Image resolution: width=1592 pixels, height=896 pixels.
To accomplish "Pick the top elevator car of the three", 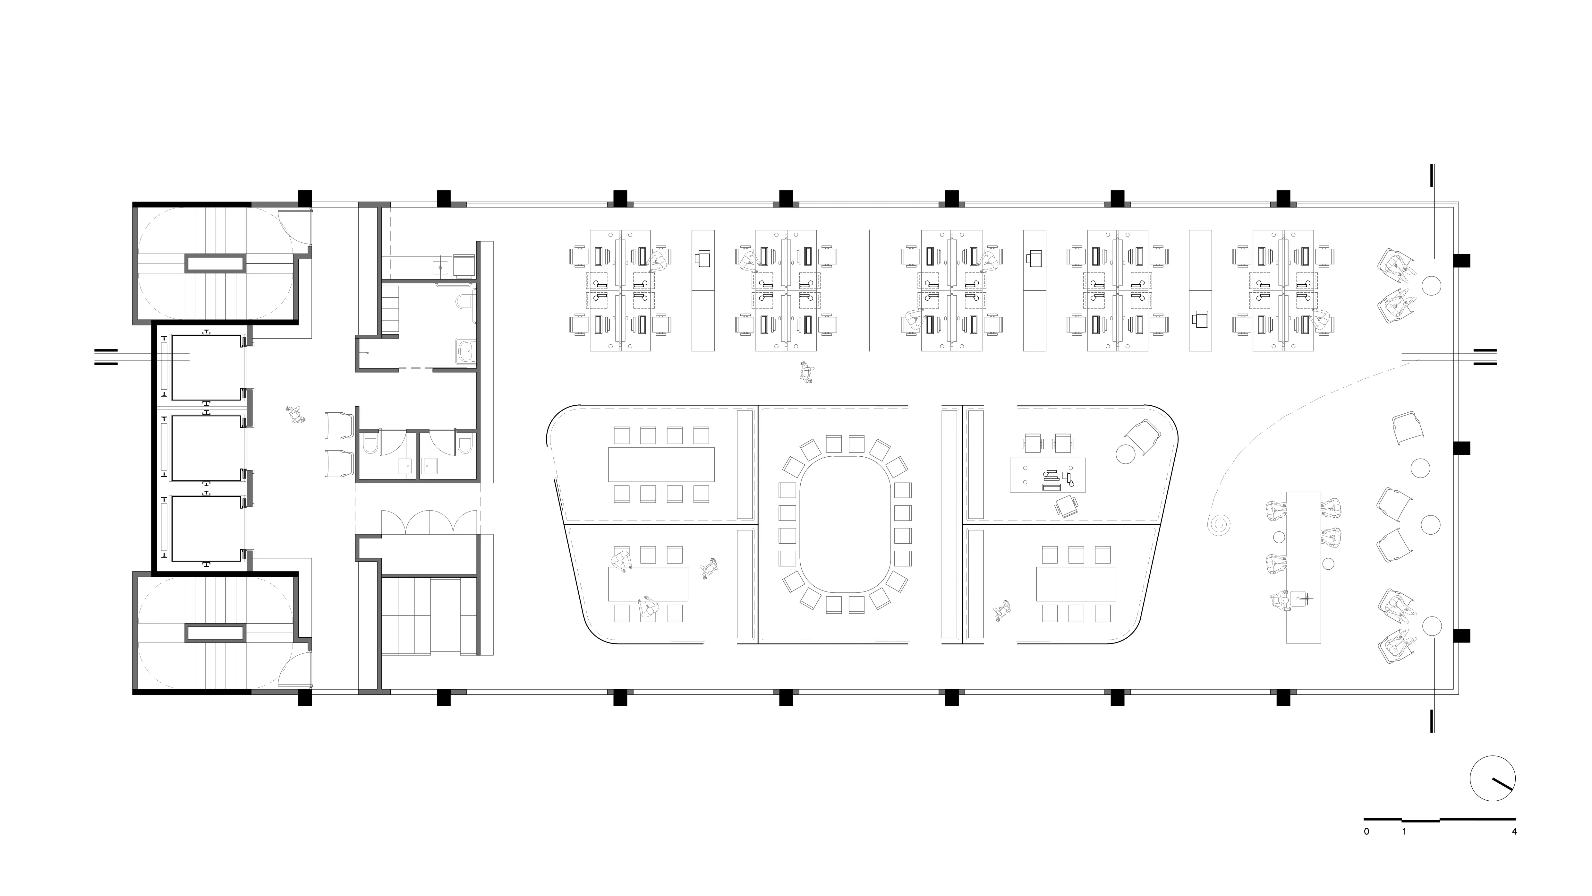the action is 206,367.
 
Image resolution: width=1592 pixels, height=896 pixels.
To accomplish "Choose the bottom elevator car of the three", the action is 206,528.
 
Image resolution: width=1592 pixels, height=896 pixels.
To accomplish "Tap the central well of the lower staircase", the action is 216,633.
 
